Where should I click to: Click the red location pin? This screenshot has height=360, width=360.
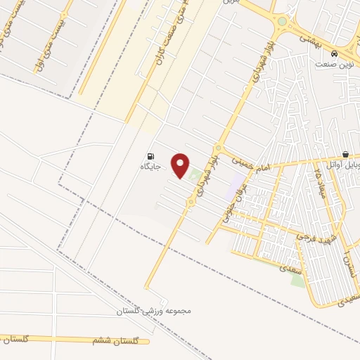coord(181,165)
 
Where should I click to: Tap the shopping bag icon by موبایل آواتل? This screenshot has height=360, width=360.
coord(345,155)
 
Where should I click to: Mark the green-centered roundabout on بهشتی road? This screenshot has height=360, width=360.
coord(282,21)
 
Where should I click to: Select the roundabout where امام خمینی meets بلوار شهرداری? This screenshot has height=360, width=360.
coord(218,149)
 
